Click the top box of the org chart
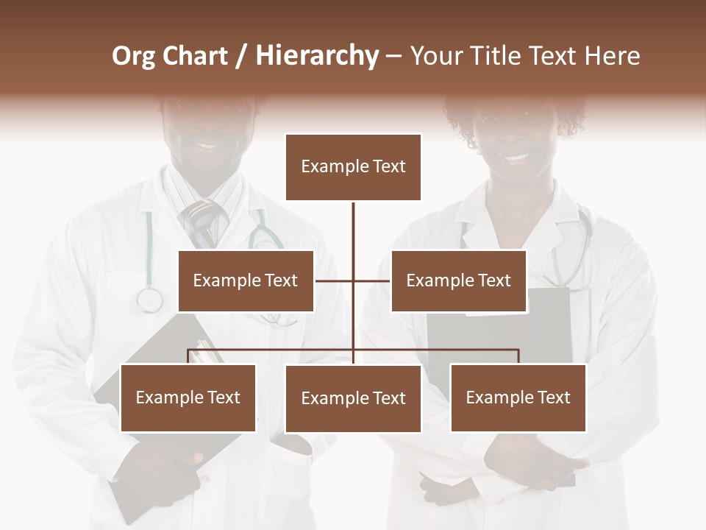tap(353, 167)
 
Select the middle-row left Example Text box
tap(246, 280)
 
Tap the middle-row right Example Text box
tap(458, 280)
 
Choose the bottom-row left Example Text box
tap(188, 397)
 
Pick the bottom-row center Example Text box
tap(353, 398)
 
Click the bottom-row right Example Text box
tap(518, 397)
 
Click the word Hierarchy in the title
tap(317, 56)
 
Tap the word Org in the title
tap(133, 56)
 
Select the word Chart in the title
tap(195, 56)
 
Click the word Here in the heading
tap(612, 56)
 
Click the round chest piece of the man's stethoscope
tap(149, 300)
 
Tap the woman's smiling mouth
tap(516, 157)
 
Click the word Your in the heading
tap(435, 56)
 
